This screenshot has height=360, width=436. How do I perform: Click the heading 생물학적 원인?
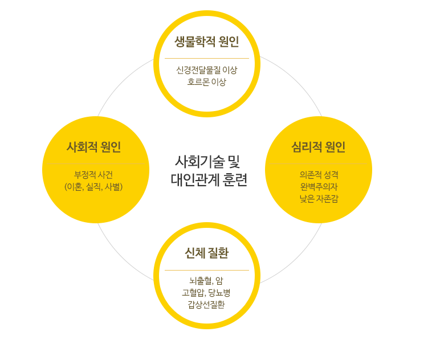206,42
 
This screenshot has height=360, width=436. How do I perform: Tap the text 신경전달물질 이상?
206,70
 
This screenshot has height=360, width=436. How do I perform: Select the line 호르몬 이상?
206,81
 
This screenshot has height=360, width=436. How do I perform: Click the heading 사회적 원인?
93,147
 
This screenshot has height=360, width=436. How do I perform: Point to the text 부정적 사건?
93,175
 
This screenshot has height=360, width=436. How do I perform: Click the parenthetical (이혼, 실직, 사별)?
93,187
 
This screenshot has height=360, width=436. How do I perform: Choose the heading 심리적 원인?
319,147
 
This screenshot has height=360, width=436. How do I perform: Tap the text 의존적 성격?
319,175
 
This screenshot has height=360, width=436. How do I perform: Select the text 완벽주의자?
319,187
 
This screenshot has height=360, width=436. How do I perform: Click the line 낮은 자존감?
319,199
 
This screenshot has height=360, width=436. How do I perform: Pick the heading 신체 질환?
206,253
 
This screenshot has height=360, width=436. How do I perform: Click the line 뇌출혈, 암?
206,281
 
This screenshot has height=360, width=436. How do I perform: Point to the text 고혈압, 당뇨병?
206,293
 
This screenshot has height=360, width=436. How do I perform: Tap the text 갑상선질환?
206,305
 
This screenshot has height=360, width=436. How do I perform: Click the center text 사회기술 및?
207,162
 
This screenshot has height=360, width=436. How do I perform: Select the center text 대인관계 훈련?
209,179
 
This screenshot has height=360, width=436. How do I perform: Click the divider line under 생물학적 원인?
206,58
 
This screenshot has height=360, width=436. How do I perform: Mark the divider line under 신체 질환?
206,270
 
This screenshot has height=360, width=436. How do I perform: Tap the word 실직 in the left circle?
93,187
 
